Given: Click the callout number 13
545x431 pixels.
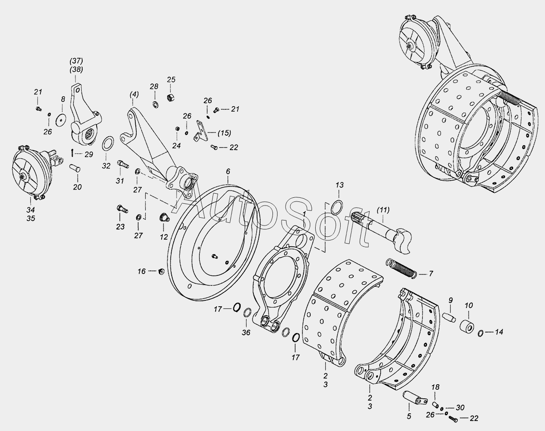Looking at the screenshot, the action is pyautogui.click(x=339, y=185).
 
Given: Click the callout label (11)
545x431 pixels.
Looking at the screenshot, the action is pyautogui.click(x=383, y=210).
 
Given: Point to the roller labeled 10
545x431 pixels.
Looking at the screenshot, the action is pyautogui.click(x=467, y=326).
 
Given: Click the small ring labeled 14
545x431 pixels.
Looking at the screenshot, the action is pyautogui.click(x=481, y=333).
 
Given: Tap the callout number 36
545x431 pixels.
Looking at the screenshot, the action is pyautogui.click(x=246, y=332).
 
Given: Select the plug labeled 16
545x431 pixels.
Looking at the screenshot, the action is pyautogui.click(x=161, y=272).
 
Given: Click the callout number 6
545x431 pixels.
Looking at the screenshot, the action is pyautogui.click(x=228, y=171).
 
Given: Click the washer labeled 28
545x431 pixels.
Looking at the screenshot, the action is pyautogui.click(x=155, y=104).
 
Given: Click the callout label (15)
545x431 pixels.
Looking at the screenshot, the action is pyautogui.click(x=224, y=133).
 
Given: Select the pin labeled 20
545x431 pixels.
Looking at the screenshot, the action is pyautogui.click(x=75, y=168).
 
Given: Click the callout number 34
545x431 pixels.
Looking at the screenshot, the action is pyautogui.click(x=30, y=210).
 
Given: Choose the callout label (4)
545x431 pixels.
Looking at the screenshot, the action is pyautogui.click(x=134, y=94).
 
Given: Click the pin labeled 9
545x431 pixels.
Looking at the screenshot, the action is pyautogui.click(x=449, y=317).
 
